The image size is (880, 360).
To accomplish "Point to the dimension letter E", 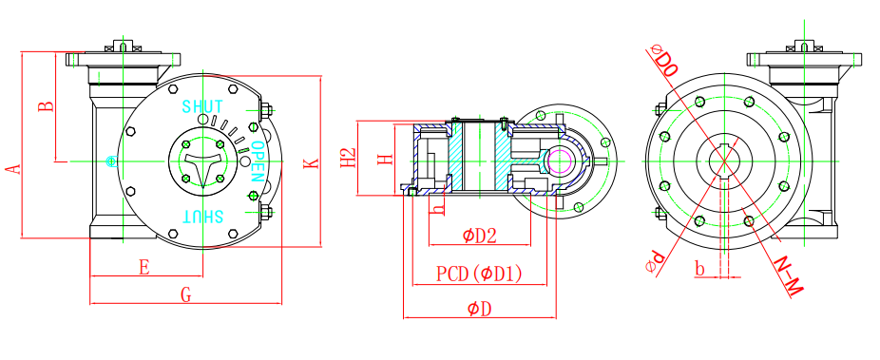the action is pos(144,268).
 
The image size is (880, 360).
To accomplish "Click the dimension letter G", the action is pos(185,294).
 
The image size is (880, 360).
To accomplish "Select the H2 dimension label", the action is pos(349,158).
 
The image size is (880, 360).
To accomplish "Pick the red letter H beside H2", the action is pos(385,160).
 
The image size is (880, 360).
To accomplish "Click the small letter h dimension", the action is pos(439,207).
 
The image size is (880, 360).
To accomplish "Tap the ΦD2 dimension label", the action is pos(480,237).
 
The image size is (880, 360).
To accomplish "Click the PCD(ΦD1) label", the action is pos(479,274).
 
